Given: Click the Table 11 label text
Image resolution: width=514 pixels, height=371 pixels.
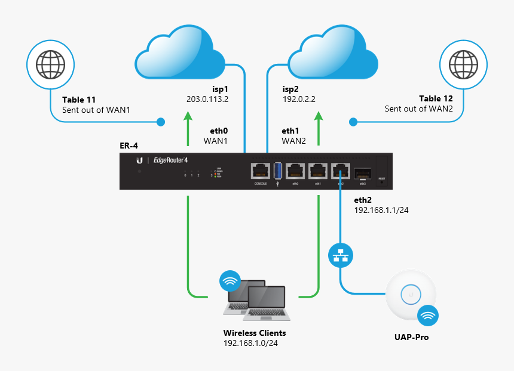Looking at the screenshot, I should (79, 99).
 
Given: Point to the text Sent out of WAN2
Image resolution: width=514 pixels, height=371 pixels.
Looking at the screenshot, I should (418, 109).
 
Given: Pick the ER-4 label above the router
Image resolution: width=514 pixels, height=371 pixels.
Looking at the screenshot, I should (130, 146).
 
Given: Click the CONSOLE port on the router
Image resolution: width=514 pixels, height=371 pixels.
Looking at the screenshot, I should (261, 171).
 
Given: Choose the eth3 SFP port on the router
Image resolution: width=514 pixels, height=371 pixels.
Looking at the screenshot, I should (363, 172).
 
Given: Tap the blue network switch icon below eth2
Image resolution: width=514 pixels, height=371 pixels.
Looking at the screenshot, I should (341, 255).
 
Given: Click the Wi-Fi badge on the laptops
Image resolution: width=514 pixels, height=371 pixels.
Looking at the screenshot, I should (230, 281).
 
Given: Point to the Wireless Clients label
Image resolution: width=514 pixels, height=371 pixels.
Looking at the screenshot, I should (254, 333).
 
